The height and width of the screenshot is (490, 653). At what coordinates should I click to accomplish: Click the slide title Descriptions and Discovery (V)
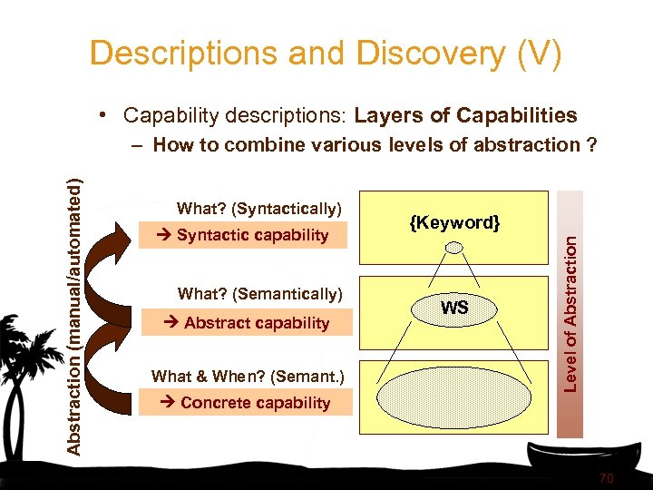tap(326, 54)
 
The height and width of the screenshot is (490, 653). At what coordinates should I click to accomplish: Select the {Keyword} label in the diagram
tap(453, 223)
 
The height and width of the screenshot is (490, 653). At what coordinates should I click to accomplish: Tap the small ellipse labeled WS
tap(454, 309)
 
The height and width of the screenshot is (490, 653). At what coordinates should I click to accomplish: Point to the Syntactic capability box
tap(245, 236)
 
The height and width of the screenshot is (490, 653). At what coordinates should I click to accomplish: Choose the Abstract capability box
tap(245, 323)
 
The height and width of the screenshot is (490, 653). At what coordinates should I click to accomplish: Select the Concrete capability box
tap(245, 403)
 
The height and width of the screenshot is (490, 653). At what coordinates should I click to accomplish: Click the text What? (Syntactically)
tap(259, 210)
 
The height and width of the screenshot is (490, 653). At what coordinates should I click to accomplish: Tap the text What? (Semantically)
tap(259, 294)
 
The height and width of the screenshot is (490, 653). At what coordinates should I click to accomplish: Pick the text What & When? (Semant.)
tap(248, 376)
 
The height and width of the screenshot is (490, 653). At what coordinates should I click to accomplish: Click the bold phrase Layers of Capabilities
tap(465, 115)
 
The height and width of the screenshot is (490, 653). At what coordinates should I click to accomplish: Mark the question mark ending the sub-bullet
tap(590, 144)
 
